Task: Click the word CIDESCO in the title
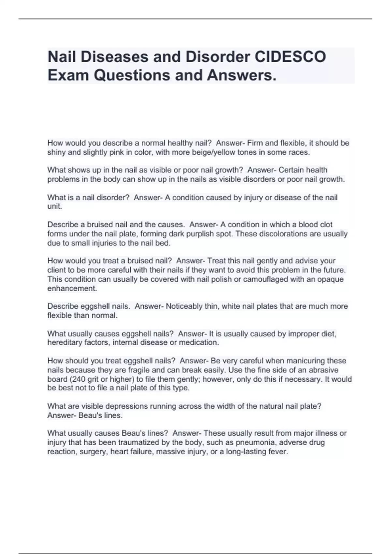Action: (290, 57)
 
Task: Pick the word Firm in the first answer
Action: (255, 143)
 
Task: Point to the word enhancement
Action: (72, 288)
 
